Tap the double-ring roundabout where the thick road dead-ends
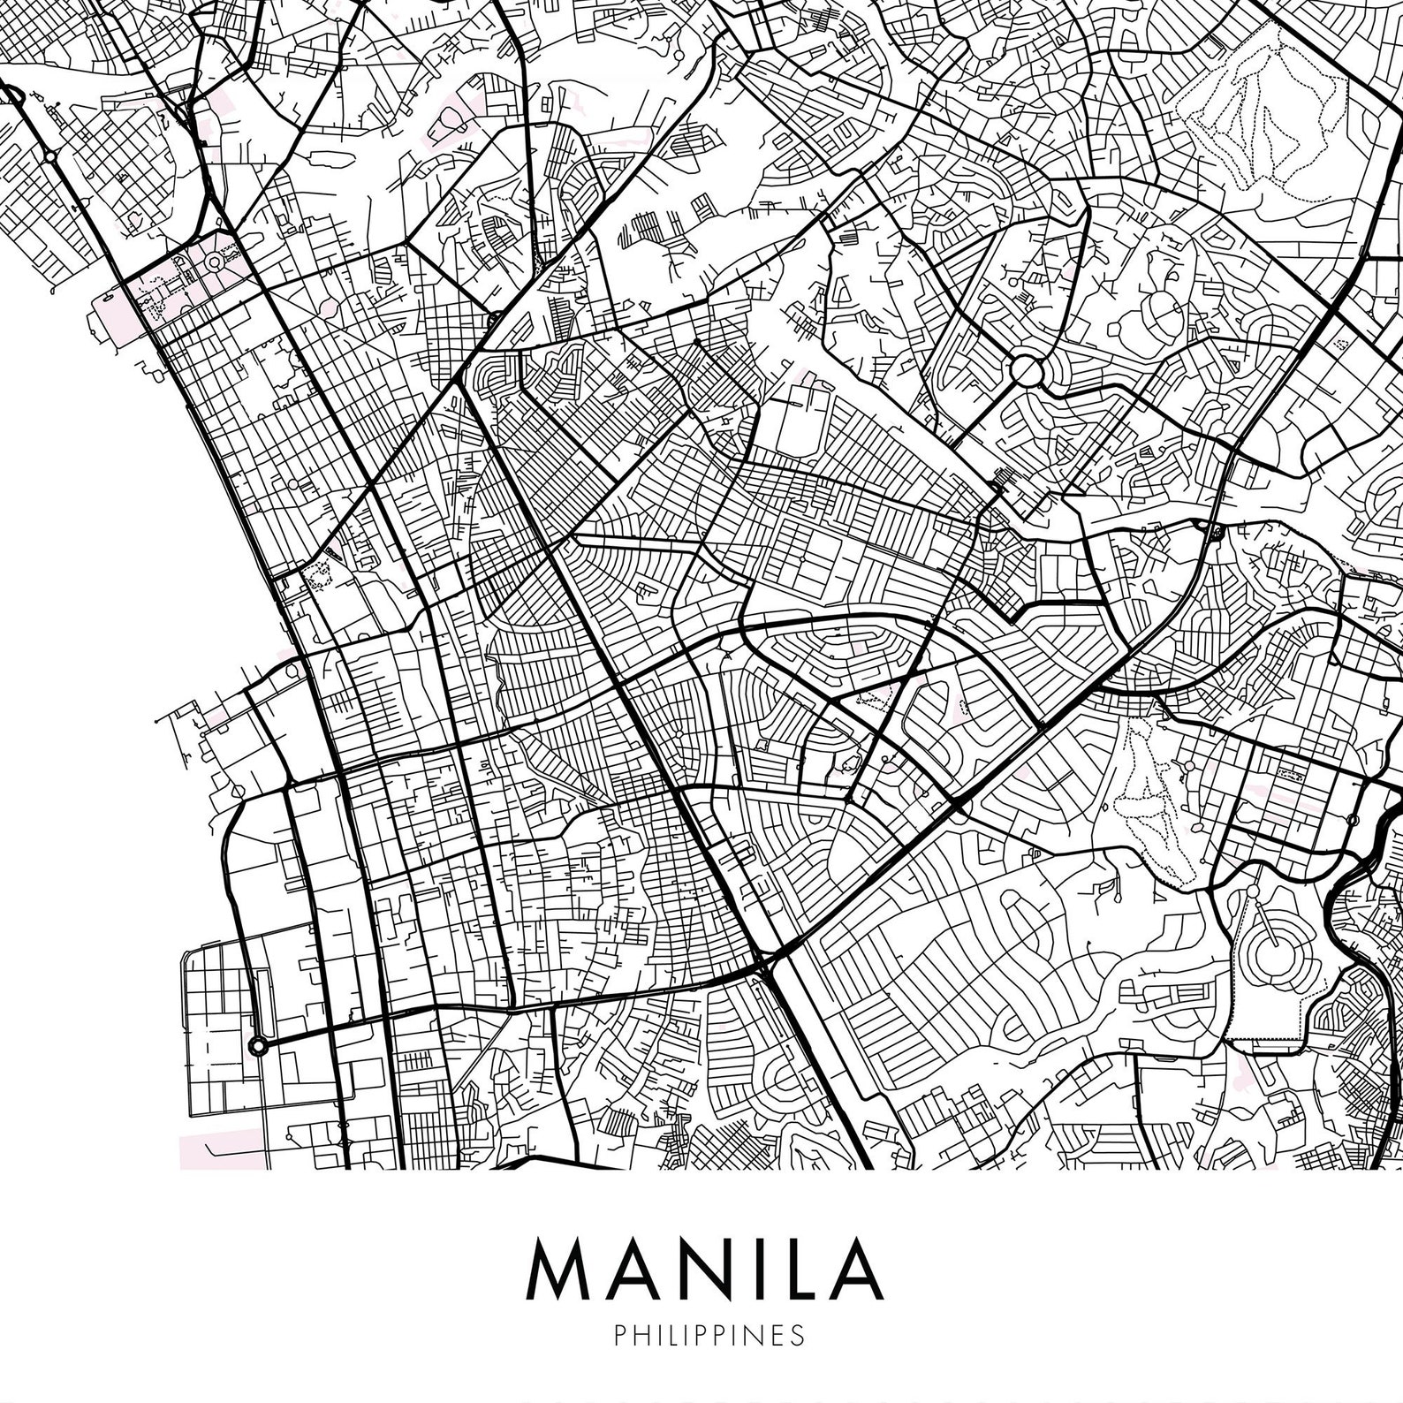click(x=257, y=1046)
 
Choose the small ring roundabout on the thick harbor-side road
click(x=51, y=157)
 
